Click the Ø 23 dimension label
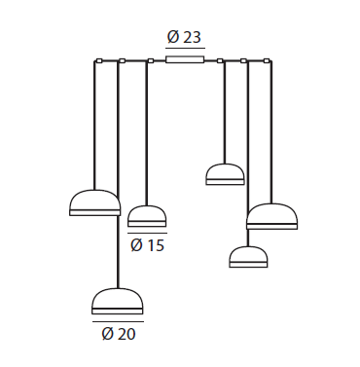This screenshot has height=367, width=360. tap(184, 37)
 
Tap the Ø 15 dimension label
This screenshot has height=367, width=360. tap(148, 245)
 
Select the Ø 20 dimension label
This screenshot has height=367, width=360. tap(119, 334)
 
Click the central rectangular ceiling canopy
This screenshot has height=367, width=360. tap(185, 59)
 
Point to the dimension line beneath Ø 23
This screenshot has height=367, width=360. tap(185, 49)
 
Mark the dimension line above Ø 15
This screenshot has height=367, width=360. tap(147, 233)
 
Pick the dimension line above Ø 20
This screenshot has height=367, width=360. tap(118, 321)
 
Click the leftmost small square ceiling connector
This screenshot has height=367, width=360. tap(99, 60)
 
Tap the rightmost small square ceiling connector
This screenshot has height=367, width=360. tap(267, 60)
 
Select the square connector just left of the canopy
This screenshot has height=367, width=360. tap(151, 60)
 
